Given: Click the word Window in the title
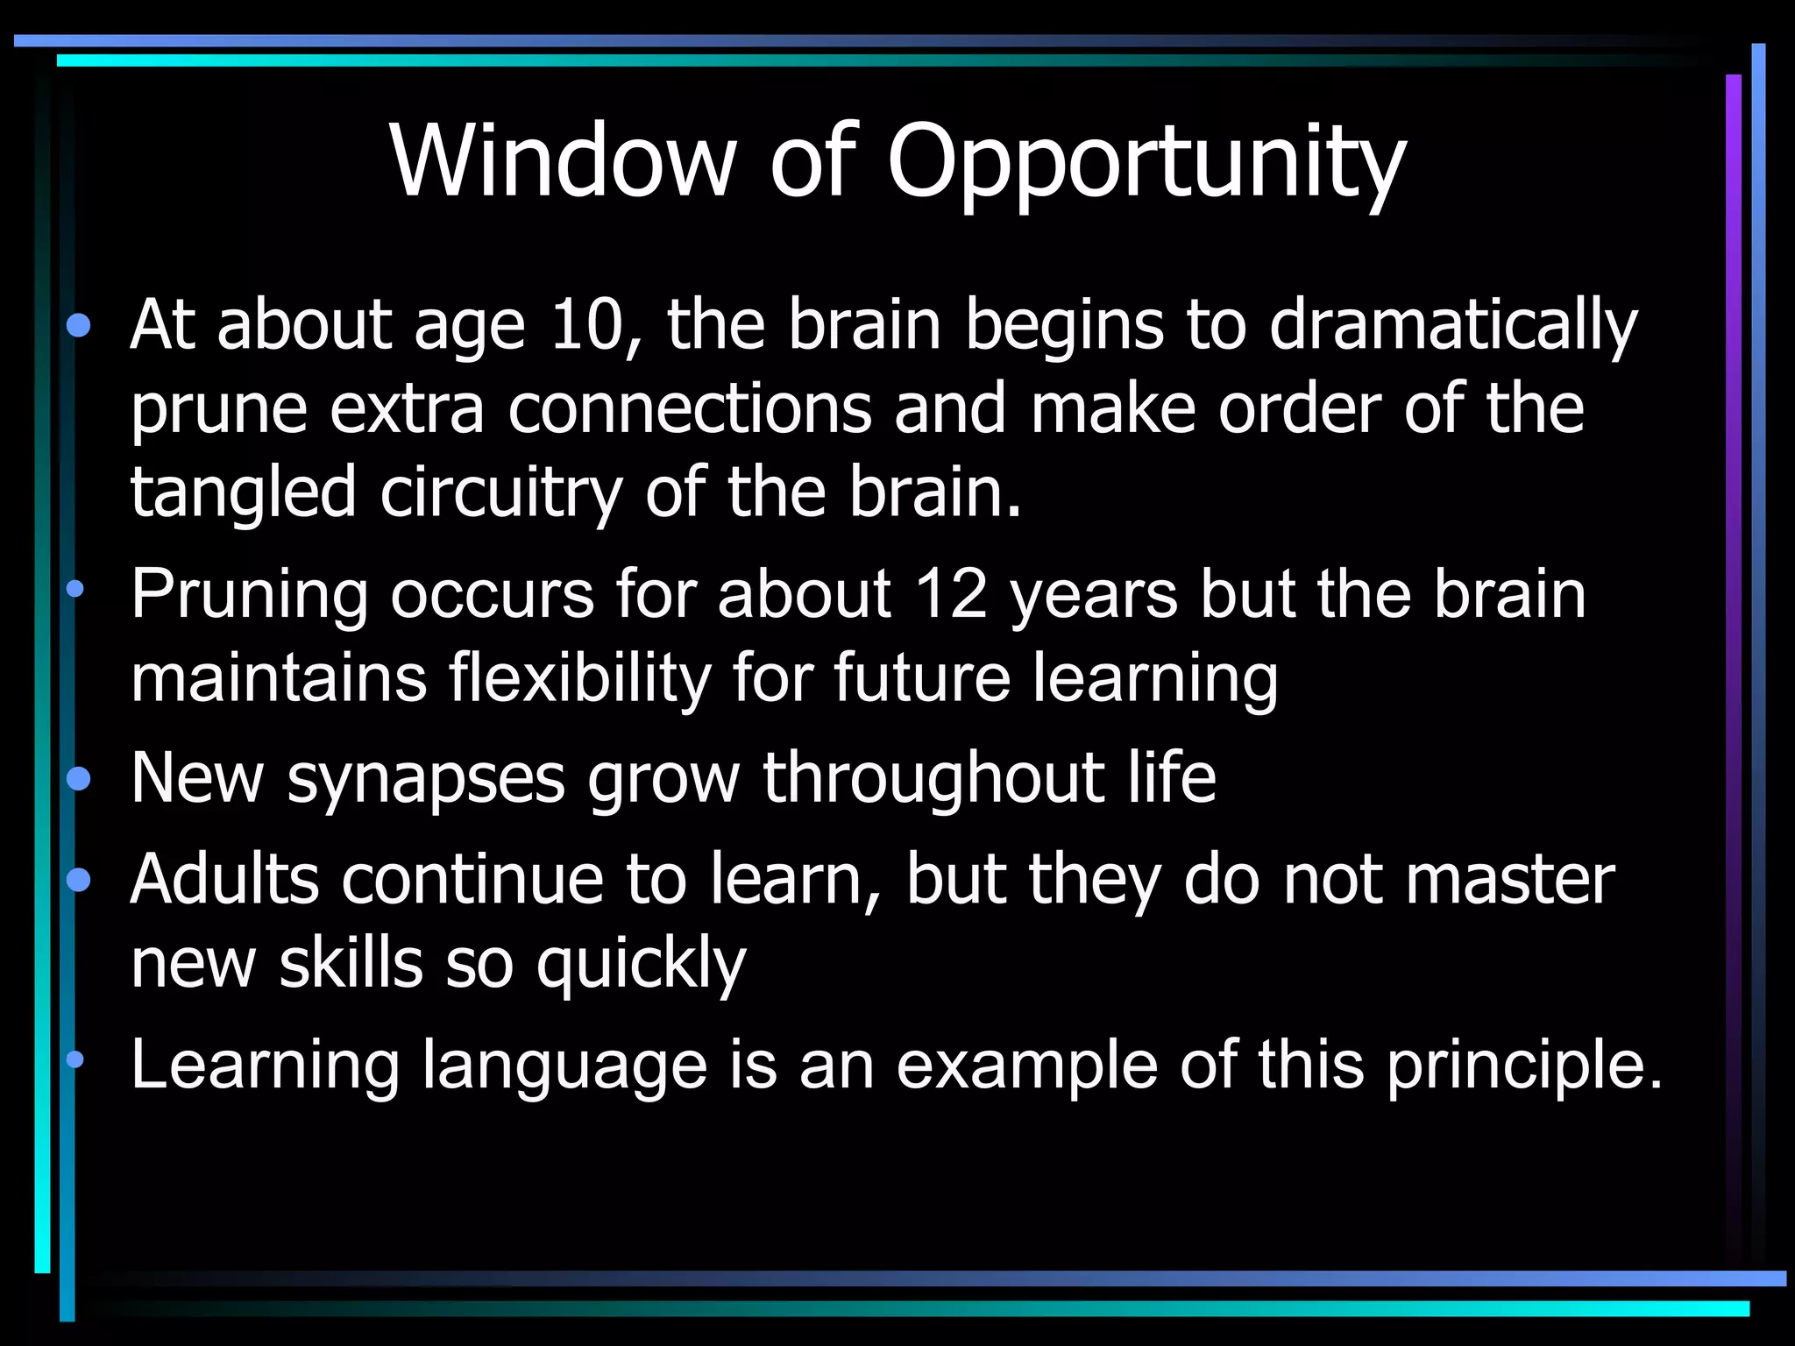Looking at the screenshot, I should [561, 162].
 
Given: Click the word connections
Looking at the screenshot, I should [690, 409].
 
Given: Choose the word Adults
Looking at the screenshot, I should [224, 879].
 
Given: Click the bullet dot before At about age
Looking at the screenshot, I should [78, 326].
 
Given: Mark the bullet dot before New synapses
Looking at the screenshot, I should [78, 778].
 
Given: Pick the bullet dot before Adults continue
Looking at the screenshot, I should [78, 879].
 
